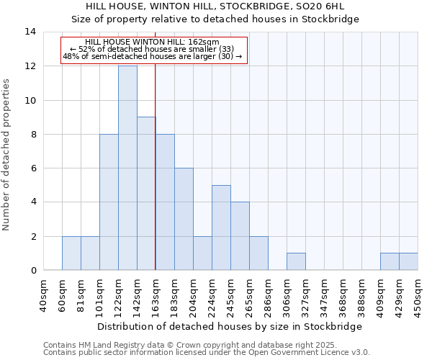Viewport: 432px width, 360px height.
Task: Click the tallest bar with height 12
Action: point(127,168)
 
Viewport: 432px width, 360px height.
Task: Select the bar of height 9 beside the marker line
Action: point(146,194)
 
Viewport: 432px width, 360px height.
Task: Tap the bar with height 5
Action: point(221,228)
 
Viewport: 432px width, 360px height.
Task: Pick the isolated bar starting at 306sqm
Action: point(296,262)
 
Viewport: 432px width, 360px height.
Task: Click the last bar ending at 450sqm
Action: point(408,262)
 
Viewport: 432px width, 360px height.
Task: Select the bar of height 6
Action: point(184,219)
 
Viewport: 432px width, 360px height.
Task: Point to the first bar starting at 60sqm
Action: point(71,253)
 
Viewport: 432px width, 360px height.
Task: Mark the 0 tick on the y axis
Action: point(32,271)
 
